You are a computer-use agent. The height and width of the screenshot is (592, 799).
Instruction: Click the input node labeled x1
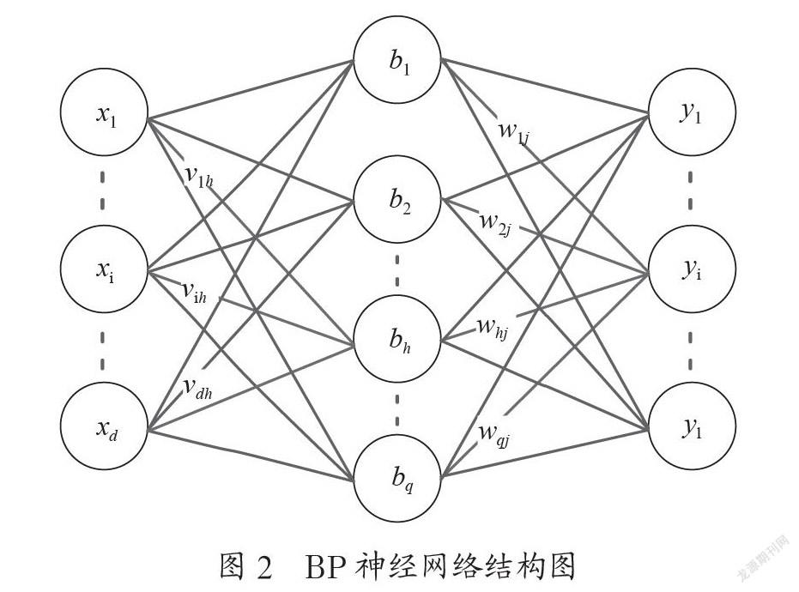click(105, 112)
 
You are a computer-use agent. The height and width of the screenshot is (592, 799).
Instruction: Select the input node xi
click(105, 269)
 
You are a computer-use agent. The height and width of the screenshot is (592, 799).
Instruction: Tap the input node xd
click(105, 426)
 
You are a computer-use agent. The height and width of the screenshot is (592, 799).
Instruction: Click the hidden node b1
click(397, 59)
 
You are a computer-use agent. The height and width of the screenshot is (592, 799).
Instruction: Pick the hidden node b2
click(397, 199)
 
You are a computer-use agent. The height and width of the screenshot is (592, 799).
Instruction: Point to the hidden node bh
click(397, 339)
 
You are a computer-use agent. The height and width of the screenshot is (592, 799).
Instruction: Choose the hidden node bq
click(397, 477)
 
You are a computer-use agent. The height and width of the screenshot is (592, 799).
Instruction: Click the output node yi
click(692, 269)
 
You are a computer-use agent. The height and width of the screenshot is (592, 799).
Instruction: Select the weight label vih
click(195, 293)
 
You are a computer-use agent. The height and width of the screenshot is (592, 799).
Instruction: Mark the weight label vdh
click(197, 389)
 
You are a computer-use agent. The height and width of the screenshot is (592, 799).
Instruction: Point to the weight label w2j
click(496, 223)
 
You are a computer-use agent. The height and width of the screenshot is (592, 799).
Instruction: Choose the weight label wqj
click(495, 436)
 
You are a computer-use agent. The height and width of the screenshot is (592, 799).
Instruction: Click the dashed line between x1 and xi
click(103, 190)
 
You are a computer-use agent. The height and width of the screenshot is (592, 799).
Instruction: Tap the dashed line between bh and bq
click(397, 408)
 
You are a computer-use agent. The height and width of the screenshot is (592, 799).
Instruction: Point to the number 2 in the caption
click(265, 566)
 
